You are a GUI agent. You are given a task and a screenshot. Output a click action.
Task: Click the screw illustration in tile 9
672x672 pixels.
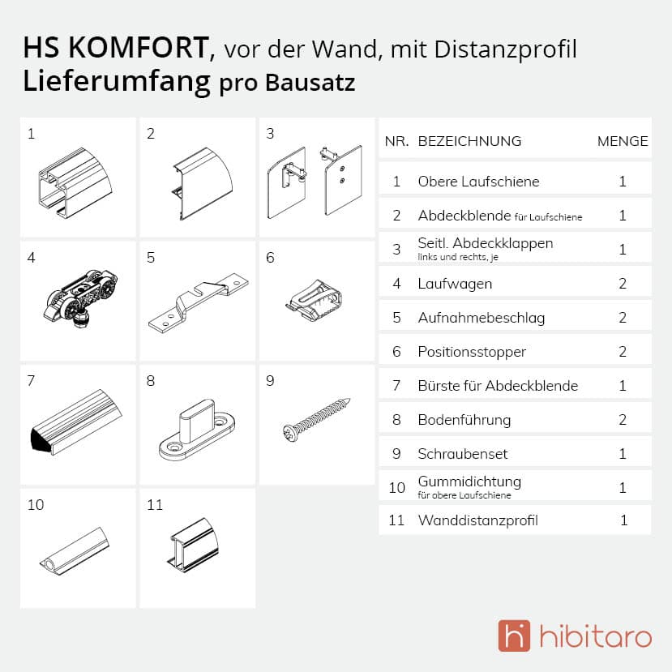coord(316,420)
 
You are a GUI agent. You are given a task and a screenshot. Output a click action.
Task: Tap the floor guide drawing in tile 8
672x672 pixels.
coord(197,430)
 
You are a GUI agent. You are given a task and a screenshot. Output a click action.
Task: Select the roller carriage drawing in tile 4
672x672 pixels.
coord(80,297)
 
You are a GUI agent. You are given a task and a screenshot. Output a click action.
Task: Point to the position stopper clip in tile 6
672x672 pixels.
coord(314,300)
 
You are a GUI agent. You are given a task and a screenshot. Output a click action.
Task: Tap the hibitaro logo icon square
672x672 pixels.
coord(514,636)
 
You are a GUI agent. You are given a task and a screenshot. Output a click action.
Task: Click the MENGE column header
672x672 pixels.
coord(623,141)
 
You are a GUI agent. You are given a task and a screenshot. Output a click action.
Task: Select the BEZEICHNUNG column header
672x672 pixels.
coord(469,141)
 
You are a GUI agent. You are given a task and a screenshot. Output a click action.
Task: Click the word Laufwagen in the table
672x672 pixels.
coord(455,284)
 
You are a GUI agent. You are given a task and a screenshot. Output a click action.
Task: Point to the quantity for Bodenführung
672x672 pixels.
coord(623,420)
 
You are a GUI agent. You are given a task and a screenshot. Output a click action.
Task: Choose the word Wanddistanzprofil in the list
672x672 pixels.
coord(477,520)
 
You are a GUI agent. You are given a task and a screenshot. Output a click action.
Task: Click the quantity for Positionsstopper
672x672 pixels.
coord(623,352)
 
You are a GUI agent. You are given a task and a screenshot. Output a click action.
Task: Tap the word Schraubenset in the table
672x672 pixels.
coord(462,454)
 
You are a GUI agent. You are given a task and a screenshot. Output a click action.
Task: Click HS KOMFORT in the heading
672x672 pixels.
coord(116,47)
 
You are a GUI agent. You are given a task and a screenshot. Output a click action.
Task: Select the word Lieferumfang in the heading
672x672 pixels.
coord(117,82)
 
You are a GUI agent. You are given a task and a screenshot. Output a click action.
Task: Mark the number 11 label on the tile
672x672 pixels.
coord(155,505)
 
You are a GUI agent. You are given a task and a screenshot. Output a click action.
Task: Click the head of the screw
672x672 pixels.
coord(289,432)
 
